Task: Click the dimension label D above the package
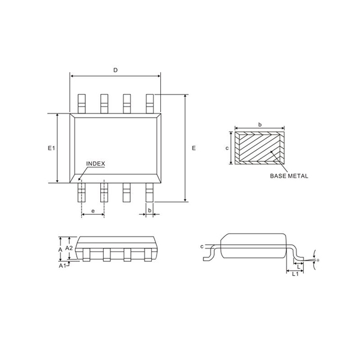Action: [115, 70]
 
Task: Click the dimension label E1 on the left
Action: [51, 148]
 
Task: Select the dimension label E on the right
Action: [193, 148]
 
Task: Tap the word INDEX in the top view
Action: [95, 163]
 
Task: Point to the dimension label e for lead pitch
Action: [93, 211]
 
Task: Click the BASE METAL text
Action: [289, 176]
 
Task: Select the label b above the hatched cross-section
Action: [259, 124]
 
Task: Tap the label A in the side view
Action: [60, 248]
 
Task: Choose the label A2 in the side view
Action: [69, 247]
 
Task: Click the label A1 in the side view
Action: [62, 266]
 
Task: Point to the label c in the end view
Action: [202, 247]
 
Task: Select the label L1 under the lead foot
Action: [295, 275]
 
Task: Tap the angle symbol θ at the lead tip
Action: [317, 260]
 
